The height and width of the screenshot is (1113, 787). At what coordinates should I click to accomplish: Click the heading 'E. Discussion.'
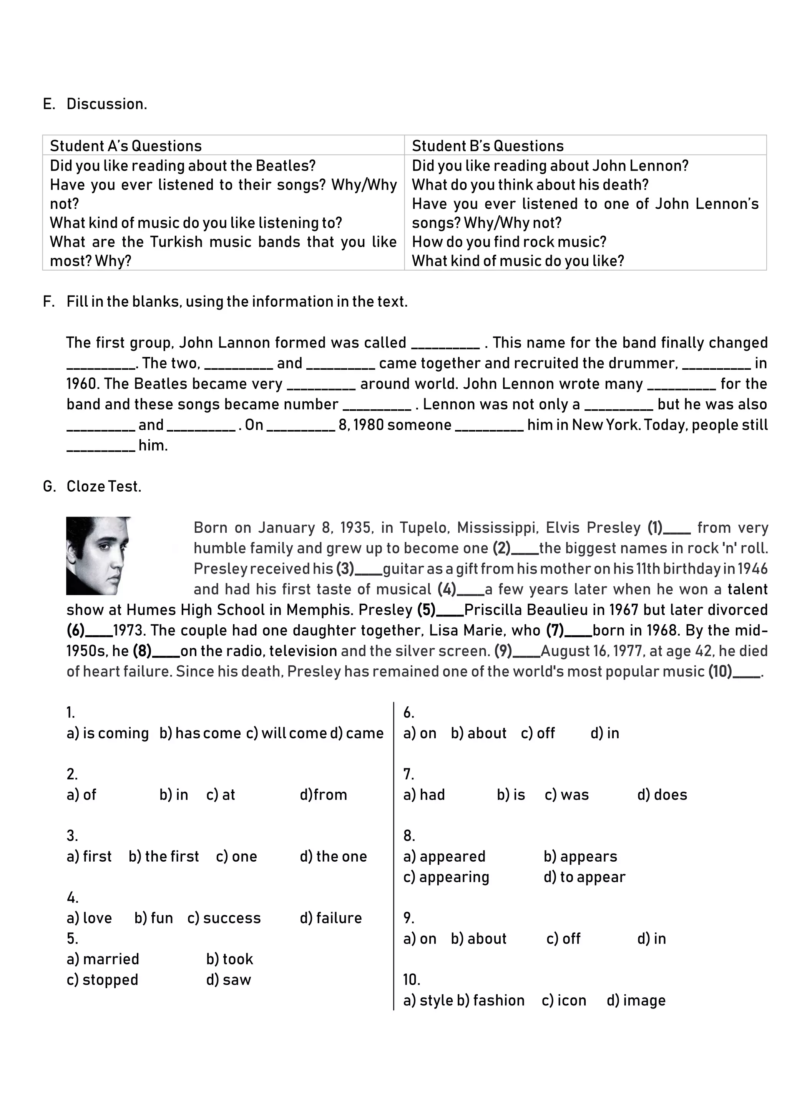95,104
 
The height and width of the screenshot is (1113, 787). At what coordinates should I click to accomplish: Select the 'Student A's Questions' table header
126,146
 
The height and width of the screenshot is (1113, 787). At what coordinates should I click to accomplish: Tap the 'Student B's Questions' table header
488,146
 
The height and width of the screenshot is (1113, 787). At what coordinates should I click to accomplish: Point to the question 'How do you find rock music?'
509,242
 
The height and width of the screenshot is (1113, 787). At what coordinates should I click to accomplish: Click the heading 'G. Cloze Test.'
92,486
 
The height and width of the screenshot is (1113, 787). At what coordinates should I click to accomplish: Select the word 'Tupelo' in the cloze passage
425,527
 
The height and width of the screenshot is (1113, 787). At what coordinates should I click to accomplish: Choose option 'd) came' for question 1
357,733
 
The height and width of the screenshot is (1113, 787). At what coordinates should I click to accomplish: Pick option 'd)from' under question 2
323,794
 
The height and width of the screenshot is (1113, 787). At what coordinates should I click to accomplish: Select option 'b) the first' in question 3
164,856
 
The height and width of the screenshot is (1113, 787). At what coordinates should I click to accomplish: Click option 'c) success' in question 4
224,918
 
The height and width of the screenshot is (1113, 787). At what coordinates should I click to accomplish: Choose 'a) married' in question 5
103,959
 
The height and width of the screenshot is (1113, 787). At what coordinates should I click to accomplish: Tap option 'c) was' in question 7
566,794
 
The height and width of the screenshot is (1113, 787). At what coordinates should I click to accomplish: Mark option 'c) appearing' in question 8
446,877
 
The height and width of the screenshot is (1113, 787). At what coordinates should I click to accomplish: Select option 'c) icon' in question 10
564,1000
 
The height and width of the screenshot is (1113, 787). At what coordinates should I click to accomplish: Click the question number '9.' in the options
408,918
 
